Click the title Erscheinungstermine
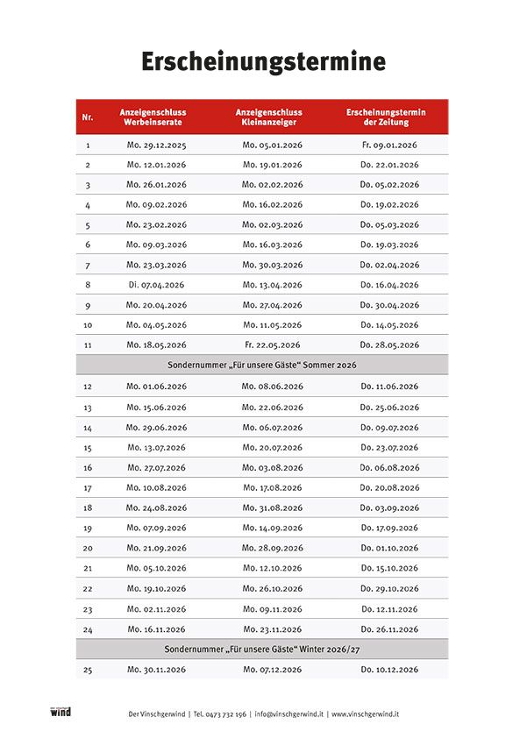[263, 63]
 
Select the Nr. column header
[88, 117]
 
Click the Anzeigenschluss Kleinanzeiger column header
[272, 117]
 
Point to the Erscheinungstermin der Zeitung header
[388, 117]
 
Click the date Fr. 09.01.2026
[389, 145]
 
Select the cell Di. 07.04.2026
[156, 285]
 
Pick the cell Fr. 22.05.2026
[272, 345]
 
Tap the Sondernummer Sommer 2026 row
[262, 365]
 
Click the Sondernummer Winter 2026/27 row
[262, 649]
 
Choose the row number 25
[88, 670]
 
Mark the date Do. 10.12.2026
[389, 670]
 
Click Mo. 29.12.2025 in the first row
[156, 145]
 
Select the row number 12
[88, 386]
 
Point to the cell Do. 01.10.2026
[389, 548]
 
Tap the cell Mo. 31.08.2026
[272, 507]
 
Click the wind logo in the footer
[61, 713]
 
